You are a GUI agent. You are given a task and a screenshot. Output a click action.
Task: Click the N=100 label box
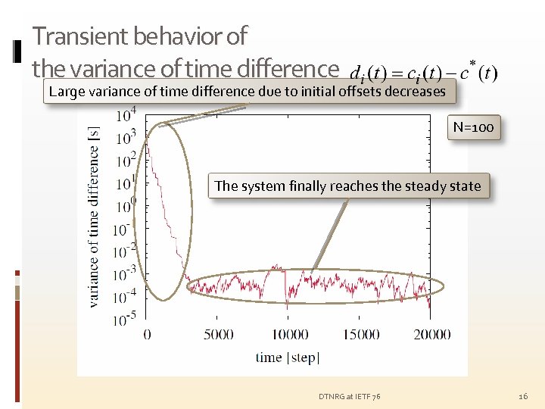473,127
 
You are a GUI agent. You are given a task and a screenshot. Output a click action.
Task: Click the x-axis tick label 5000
219,334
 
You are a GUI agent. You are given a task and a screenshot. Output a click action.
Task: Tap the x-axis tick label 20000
432,334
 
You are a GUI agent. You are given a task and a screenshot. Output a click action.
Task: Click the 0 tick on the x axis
147,334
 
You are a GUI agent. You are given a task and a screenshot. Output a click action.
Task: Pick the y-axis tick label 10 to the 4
126,115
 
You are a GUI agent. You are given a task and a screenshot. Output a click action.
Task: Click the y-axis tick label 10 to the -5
126,318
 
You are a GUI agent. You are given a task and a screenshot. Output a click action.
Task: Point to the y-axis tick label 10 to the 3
126,137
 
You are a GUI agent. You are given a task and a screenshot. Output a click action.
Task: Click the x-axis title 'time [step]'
288,357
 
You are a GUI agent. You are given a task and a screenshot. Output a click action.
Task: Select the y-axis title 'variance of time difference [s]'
95,216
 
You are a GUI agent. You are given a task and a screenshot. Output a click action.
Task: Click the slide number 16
522,396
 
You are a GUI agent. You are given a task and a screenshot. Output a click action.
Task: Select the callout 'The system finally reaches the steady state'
348,186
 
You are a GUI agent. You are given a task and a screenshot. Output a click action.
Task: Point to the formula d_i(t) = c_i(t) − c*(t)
424,73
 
